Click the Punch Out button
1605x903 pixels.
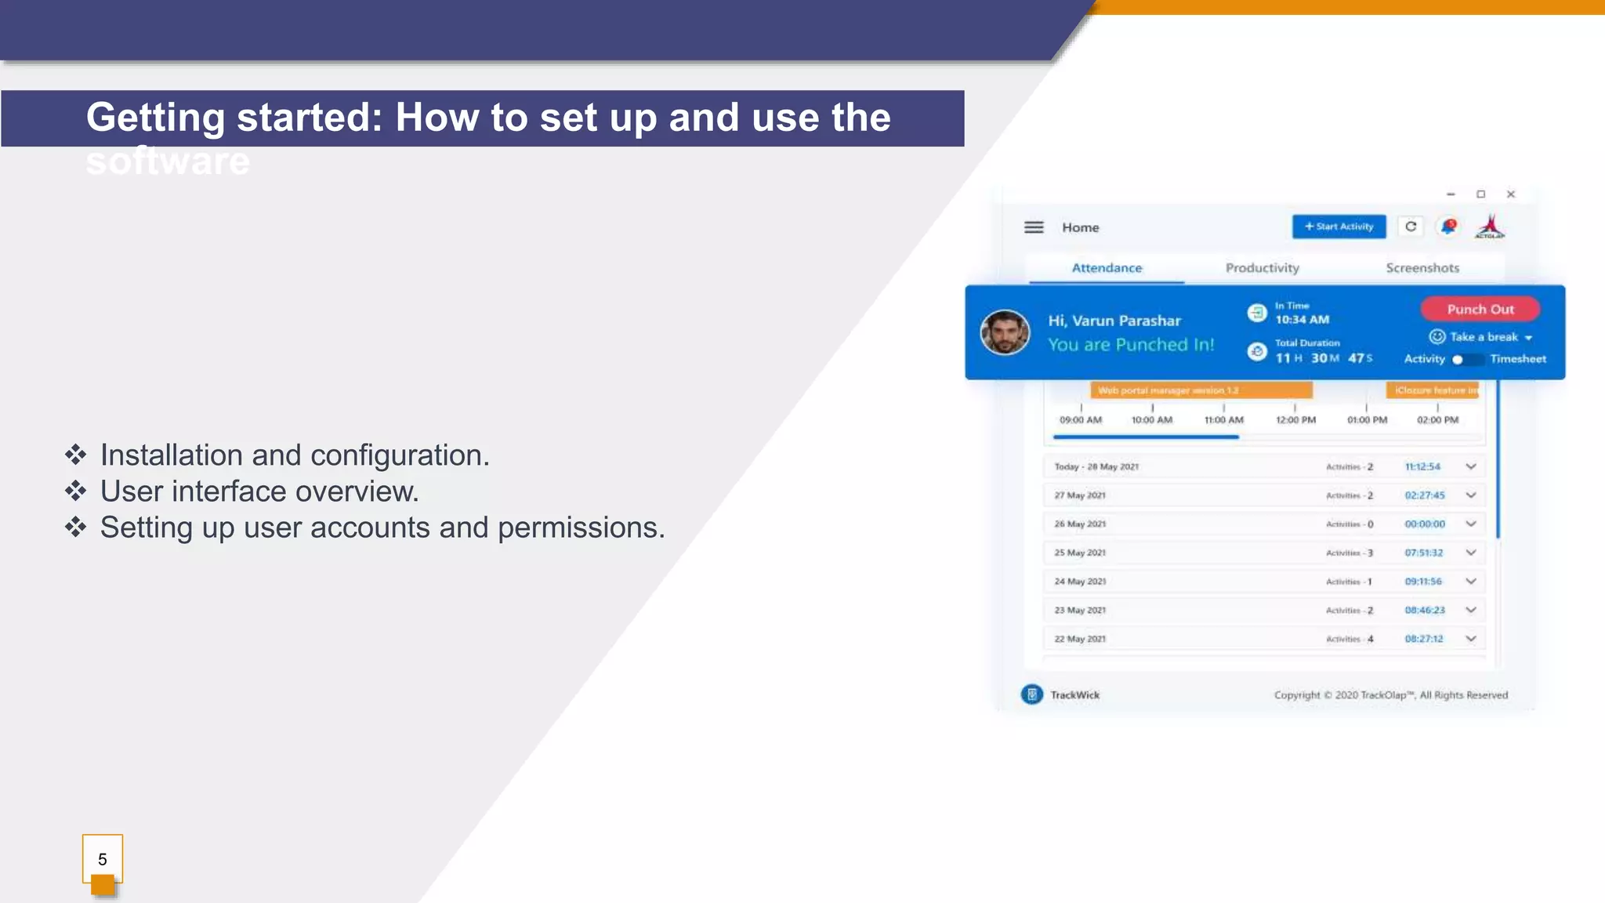(x=1480, y=310)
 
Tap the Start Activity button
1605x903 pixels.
(x=1339, y=227)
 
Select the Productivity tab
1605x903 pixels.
(x=1262, y=268)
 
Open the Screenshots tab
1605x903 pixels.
(x=1422, y=268)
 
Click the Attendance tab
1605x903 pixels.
(x=1107, y=268)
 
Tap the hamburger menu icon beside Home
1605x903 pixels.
(x=1034, y=227)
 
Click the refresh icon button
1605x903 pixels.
(x=1411, y=227)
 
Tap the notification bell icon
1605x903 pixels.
(x=1448, y=227)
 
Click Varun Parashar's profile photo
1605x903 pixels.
(x=1005, y=332)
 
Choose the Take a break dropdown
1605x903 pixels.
(x=1481, y=337)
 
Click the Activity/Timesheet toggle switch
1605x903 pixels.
(x=1466, y=360)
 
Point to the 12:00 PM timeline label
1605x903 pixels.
(x=1295, y=420)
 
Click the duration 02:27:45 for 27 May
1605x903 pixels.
(x=1424, y=495)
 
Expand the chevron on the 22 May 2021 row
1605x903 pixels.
(x=1471, y=639)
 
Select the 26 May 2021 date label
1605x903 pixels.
(x=1080, y=524)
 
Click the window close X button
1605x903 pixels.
(x=1511, y=194)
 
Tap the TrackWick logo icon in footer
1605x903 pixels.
(x=1032, y=694)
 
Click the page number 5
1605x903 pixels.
(x=103, y=860)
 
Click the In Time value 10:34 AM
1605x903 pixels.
(x=1302, y=320)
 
